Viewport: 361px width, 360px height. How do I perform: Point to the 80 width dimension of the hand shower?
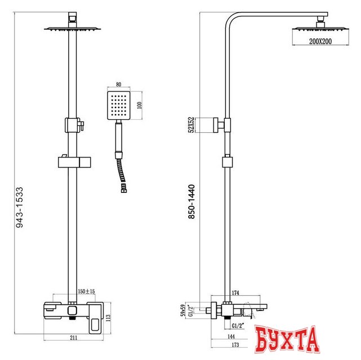(x=117, y=81)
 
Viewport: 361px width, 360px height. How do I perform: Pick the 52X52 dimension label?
(x=191, y=125)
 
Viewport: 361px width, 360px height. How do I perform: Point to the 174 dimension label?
(x=235, y=292)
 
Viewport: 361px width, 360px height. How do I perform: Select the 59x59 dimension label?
(x=182, y=310)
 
